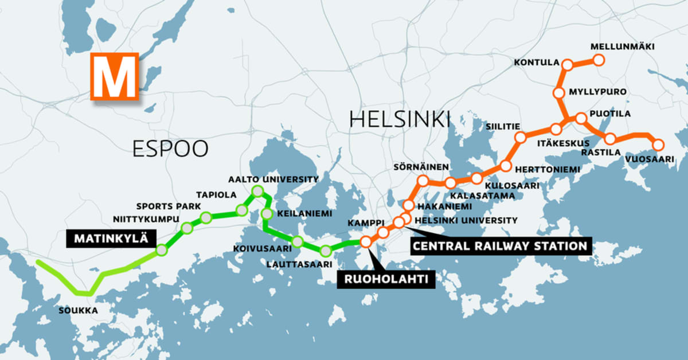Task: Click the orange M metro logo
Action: click(x=115, y=76)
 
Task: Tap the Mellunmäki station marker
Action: click(x=599, y=60)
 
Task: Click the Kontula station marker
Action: click(x=567, y=65)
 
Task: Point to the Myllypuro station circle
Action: click(x=560, y=93)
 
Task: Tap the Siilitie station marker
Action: click(x=521, y=138)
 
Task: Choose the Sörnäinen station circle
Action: click(x=423, y=181)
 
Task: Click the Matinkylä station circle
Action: click(x=162, y=250)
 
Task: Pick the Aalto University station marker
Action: click(x=257, y=191)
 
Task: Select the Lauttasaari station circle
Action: click(x=326, y=251)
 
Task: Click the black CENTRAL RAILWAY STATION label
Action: click(x=500, y=246)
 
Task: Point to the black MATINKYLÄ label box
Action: click(x=110, y=238)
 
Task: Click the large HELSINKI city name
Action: click(x=400, y=119)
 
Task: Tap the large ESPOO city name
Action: click(x=170, y=148)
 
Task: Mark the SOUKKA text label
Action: click(x=79, y=311)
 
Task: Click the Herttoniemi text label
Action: click(x=548, y=170)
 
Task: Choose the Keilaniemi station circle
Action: click(x=267, y=214)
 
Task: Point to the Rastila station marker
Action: click(x=610, y=139)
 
